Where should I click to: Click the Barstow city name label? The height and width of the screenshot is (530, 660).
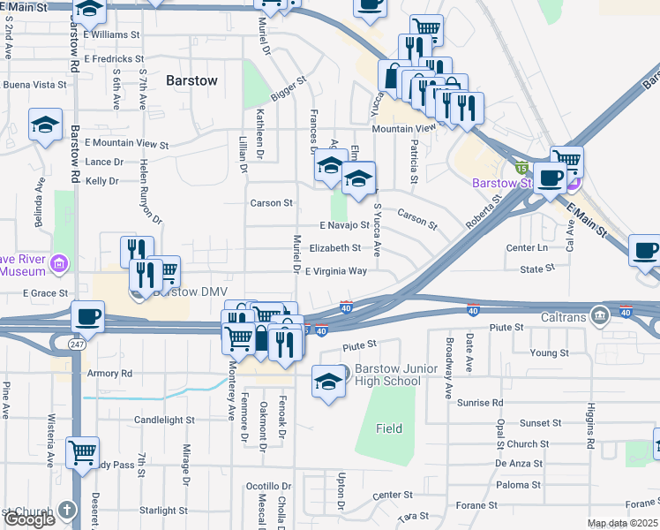point(191,80)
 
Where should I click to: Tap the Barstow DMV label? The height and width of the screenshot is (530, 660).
point(188,291)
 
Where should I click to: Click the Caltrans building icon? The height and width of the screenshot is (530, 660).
point(600,315)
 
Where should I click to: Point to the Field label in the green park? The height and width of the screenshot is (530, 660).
point(388,429)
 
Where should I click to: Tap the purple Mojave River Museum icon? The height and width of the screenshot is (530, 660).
point(60,263)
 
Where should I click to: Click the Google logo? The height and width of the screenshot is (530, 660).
point(29,519)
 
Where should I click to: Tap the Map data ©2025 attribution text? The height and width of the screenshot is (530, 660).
point(622,524)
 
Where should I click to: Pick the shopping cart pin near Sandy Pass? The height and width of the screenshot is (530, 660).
point(82,452)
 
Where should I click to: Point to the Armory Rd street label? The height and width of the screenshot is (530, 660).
point(109,374)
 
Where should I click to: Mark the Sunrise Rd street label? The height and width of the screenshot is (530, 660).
point(480,402)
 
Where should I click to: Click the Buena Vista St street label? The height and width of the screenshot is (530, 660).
point(35,85)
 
